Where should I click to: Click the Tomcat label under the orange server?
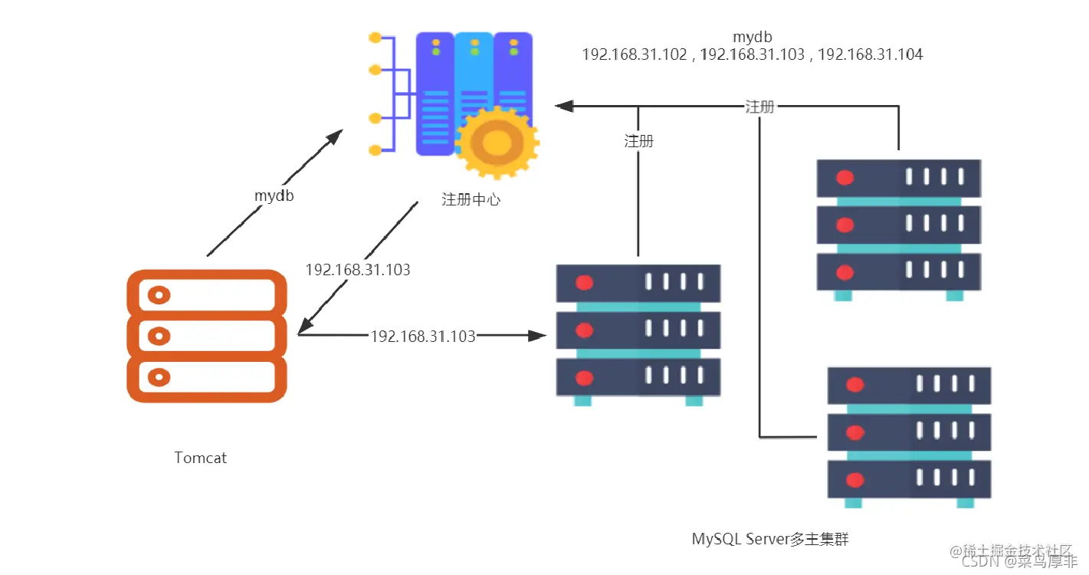201,458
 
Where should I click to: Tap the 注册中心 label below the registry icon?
471,199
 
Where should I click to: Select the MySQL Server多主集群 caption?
770,539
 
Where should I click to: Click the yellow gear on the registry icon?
496,143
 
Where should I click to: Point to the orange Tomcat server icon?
206,336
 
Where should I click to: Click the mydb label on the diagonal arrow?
274,195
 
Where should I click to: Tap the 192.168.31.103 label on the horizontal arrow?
423,336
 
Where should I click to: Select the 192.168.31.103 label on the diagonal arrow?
358,270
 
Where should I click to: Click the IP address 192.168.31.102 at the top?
635,54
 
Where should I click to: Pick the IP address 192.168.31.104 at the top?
871,54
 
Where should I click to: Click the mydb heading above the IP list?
752,36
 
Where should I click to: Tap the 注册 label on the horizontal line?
759,107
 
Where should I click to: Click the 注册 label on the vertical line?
638,141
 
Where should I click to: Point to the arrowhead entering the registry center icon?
564,107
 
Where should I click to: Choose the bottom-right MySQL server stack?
909,435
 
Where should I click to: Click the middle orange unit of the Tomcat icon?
206,336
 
